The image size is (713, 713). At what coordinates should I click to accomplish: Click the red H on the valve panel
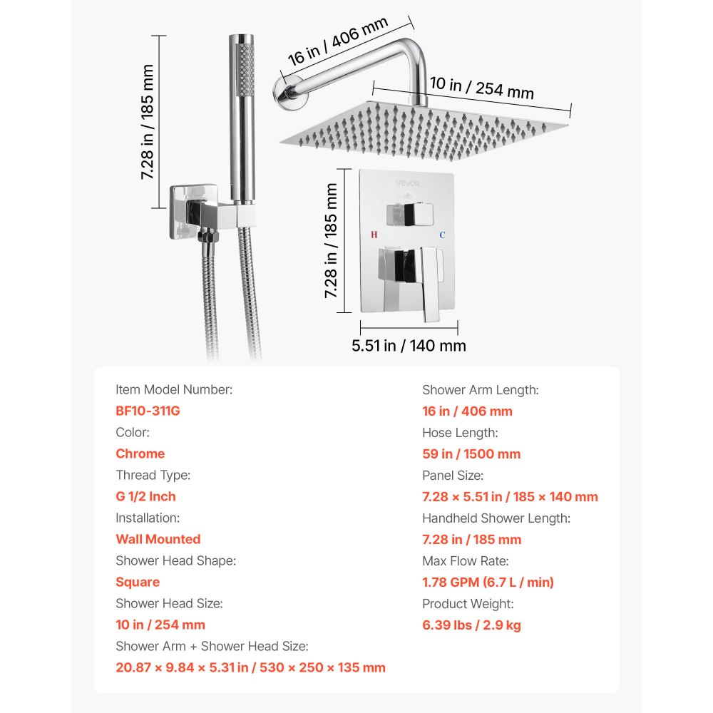click(375, 234)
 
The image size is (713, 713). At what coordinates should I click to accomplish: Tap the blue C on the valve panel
click(442, 234)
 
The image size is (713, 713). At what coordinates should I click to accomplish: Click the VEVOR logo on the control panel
click(408, 183)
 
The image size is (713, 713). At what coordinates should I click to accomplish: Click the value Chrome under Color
click(140, 453)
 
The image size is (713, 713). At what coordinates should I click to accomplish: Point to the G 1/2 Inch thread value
click(145, 496)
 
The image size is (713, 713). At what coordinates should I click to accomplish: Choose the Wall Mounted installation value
click(158, 539)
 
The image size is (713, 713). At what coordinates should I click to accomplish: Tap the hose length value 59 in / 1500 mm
click(471, 453)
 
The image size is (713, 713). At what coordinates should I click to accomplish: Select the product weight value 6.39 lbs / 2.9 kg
click(471, 625)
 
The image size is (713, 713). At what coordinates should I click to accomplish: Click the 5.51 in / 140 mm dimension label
click(409, 346)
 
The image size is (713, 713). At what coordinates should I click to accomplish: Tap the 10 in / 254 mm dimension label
click(481, 88)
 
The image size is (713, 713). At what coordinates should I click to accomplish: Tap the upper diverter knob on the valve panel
click(408, 212)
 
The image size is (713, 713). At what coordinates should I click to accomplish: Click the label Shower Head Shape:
click(175, 560)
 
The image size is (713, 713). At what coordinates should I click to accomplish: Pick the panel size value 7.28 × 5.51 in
click(510, 496)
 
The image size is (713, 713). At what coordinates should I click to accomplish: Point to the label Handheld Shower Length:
click(496, 518)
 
